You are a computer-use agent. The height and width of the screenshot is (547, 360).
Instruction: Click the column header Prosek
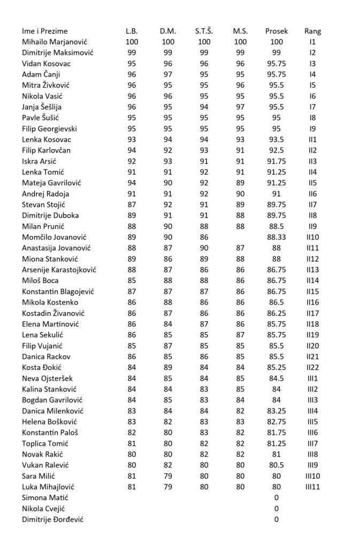click(276, 31)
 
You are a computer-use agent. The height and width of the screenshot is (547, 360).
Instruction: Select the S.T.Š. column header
click(204, 31)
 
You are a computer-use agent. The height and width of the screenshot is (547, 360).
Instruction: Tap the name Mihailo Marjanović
click(55, 42)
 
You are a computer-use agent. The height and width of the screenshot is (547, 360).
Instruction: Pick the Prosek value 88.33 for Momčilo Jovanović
click(276, 237)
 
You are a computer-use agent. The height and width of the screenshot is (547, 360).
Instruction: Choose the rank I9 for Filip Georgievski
click(312, 128)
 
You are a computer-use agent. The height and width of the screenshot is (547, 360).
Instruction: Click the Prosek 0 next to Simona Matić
click(276, 497)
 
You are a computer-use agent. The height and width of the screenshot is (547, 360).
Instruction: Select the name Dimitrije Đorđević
click(52, 519)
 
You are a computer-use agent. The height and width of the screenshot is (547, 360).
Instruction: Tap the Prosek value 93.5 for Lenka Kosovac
click(276, 140)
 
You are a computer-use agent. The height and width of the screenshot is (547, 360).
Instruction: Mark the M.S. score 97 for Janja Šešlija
click(240, 107)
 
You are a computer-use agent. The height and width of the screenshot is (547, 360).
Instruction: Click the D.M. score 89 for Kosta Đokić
click(167, 367)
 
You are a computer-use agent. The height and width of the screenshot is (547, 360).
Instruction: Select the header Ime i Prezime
click(45, 31)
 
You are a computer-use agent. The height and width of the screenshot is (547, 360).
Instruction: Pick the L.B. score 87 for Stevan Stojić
click(131, 204)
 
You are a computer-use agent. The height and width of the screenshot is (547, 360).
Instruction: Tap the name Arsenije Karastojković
click(59, 269)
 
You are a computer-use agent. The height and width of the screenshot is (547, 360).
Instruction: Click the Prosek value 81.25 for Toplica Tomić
click(276, 443)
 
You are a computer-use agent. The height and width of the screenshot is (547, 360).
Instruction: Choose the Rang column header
click(312, 31)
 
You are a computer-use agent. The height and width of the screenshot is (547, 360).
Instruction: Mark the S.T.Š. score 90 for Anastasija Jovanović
click(204, 248)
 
